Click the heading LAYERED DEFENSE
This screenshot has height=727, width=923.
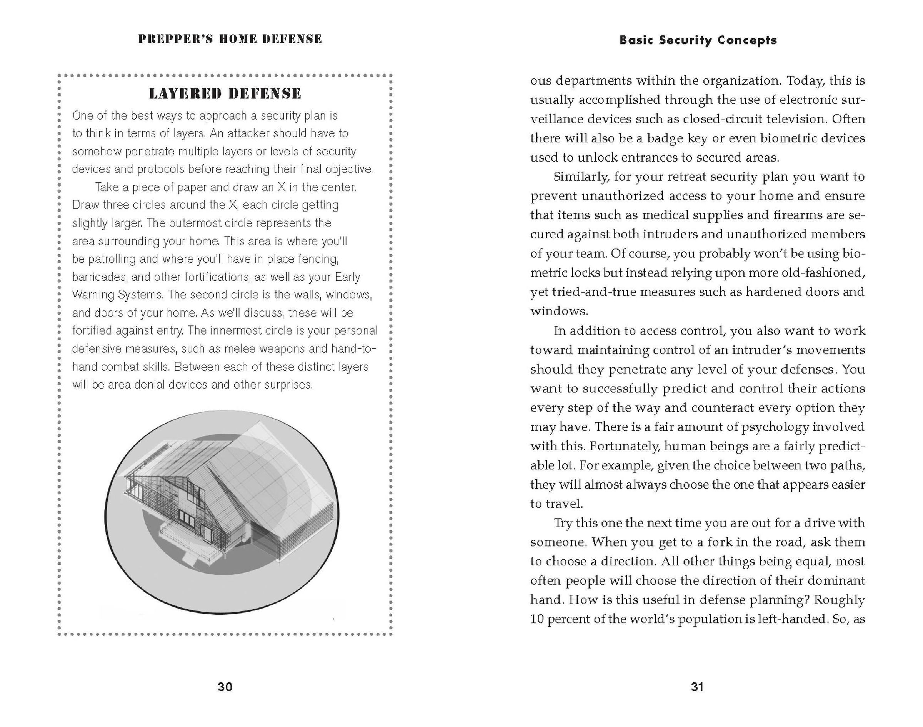tap(225, 93)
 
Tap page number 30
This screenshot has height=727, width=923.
tap(225, 687)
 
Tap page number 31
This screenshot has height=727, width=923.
tap(697, 687)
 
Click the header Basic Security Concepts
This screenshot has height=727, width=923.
tap(698, 40)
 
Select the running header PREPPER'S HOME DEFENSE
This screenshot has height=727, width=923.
tap(230, 39)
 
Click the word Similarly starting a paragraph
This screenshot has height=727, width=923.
tap(581, 177)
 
